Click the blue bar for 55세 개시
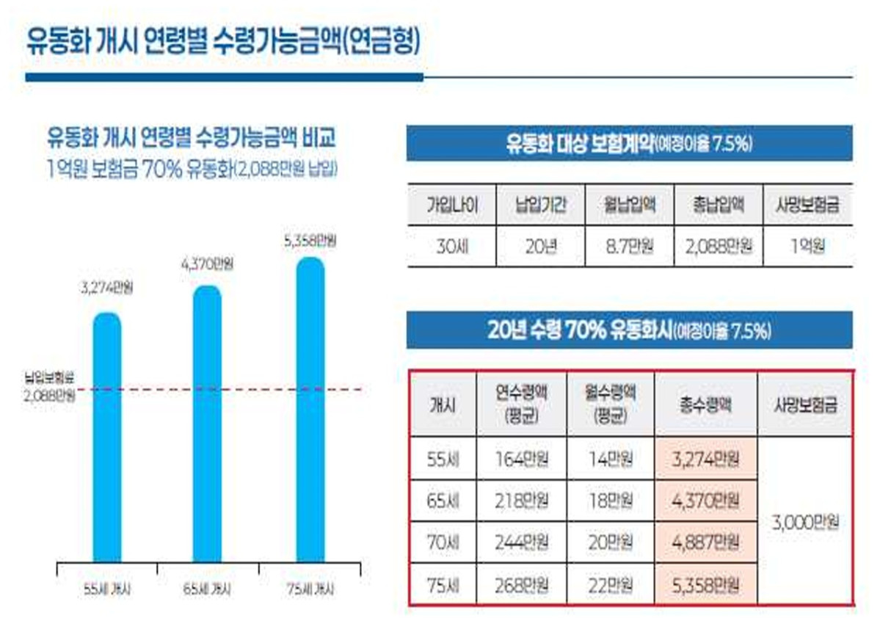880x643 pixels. pyautogui.click(x=107, y=437)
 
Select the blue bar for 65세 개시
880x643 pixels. pyautogui.click(x=207, y=424)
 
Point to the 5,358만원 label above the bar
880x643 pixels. pyautogui.click(x=310, y=241)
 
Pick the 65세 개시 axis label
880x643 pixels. pyautogui.click(x=207, y=589)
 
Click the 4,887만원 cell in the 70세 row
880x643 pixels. pyautogui.click(x=705, y=543)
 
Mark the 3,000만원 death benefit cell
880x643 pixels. pyautogui.click(x=805, y=522)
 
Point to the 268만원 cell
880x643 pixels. pyautogui.click(x=521, y=585)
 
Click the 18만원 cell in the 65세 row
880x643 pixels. pyautogui.click(x=611, y=501)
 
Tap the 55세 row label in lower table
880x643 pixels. pyautogui.click(x=443, y=459)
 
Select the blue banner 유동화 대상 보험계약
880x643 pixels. pyautogui.click(x=629, y=143)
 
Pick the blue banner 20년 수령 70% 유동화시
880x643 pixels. pyautogui.click(x=629, y=330)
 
